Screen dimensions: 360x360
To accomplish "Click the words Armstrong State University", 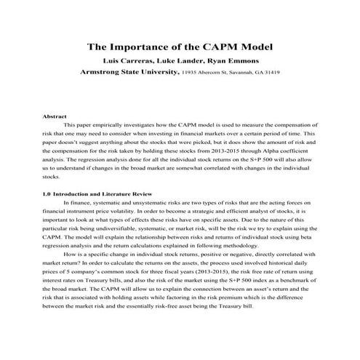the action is [x=128, y=73].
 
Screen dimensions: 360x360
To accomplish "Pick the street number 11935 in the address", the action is [x=191, y=73].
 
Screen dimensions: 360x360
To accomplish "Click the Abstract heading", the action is [x=55, y=116].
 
